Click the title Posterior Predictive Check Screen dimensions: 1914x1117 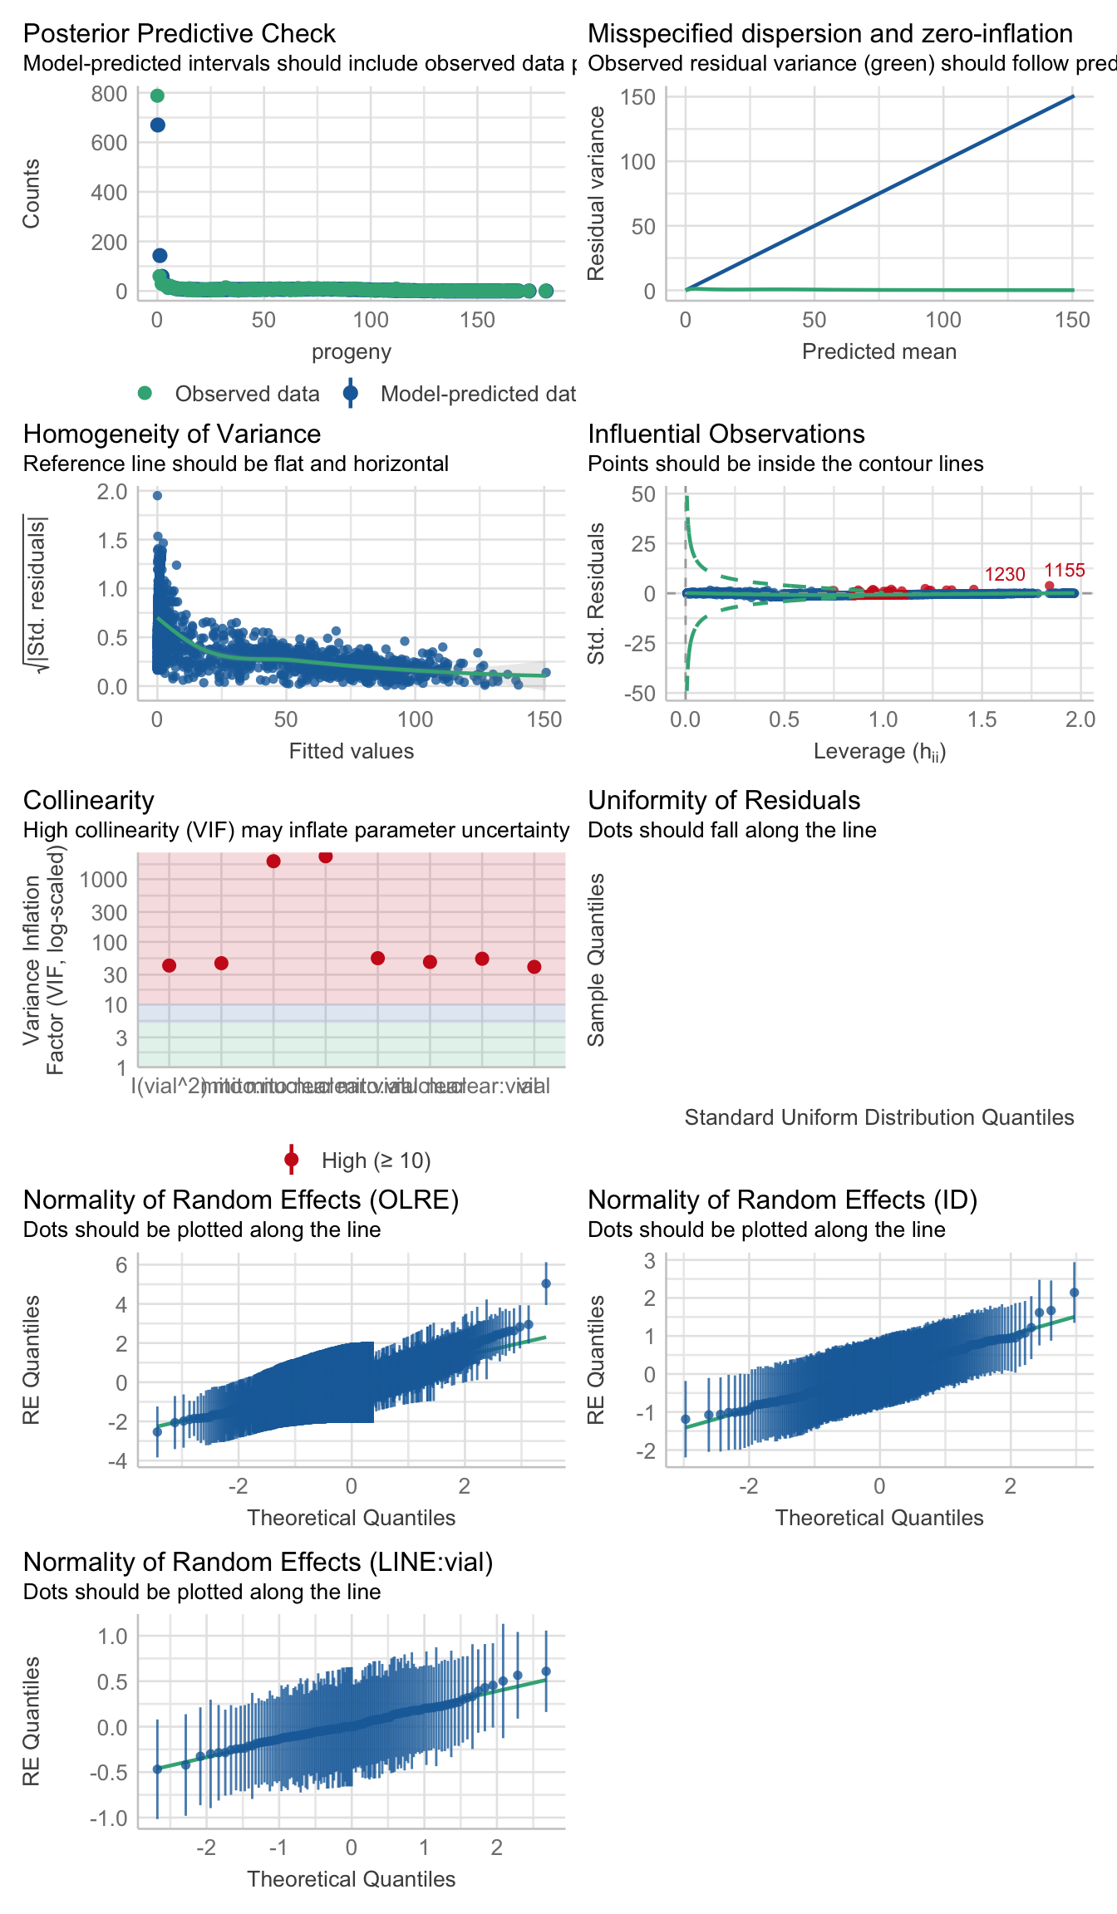pos(179,33)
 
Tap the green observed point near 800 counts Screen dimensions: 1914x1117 pos(157,96)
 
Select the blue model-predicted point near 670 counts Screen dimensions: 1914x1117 pos(157,125)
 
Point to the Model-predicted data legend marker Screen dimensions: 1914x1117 pos(351,394)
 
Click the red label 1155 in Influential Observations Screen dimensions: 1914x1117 pos(1064,571)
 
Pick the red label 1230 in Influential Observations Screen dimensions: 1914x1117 pos(1005,575)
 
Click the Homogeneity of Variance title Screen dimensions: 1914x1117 pos(172,434)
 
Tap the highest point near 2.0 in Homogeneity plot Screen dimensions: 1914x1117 pos(157,496)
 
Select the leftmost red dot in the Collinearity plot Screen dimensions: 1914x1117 pos(170,965)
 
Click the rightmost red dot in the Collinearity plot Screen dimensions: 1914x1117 pos(534,967)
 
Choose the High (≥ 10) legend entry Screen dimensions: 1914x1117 pos(376,1161)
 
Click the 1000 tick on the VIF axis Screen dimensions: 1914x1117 pos(104,880)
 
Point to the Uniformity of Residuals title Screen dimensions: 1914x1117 pos(724,800)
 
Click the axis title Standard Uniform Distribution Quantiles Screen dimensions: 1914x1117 pos(879,1117)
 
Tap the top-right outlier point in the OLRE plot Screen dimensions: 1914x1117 pos(546,1283)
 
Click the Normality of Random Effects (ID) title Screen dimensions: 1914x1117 pos(782,1200)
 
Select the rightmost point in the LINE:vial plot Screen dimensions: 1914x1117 pos(546,1671)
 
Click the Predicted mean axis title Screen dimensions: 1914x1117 pos(879,351)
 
